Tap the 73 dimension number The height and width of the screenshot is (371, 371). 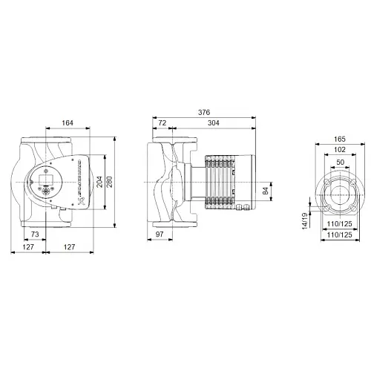(34, 234)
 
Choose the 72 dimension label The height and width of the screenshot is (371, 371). (162, 123)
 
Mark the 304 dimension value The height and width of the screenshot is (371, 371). (212, 123)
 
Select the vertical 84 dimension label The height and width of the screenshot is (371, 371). (265, 191)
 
